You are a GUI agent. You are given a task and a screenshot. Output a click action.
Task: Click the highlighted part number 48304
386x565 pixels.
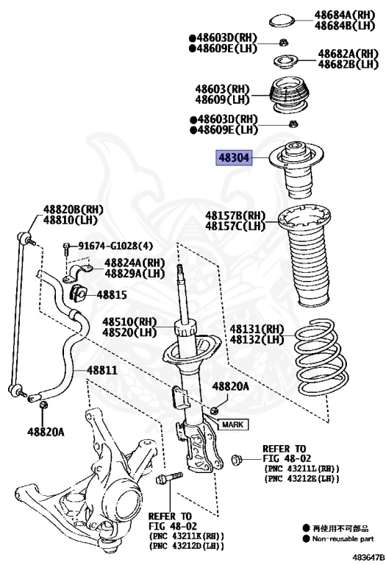pyautogui.click(x=234, y=157)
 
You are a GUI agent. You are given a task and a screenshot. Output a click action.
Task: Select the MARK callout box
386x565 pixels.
pyautogui.click(x=232, y=424)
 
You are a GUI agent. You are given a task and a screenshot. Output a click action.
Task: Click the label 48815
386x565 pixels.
pyautogui.click(x=112, y=295)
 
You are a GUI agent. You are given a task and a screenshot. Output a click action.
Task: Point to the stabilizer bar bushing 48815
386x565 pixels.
pyautogui.click(x=77, y=293)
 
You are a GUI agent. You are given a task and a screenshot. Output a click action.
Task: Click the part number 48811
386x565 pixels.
pyautogui.click(x=102, y=370)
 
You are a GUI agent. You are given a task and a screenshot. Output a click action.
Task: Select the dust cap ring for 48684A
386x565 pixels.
pyautogui.click(x=282, y=21)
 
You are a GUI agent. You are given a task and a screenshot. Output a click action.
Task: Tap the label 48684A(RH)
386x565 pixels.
pyautogui.click(x=345, y=15)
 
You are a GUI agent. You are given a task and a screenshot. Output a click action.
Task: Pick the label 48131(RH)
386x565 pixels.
pyautogui.click(x=257, y=329)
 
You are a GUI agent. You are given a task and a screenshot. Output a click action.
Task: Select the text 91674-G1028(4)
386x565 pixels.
pyautogui.click(x=115, y=246)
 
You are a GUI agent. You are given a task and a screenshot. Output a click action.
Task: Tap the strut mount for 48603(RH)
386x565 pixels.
pyautogui.click(x=289, y=96)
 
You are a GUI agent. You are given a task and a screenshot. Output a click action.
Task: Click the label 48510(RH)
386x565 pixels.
pyautogui.click(x=129, y=321)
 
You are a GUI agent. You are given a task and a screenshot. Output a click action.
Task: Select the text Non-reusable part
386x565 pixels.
pyautogui.click(x=343, y=539)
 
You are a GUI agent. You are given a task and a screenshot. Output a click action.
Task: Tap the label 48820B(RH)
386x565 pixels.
pyautogui.click(x=73, y=209)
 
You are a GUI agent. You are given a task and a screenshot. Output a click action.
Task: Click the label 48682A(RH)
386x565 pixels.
pyautogui.click(x=349, y=54)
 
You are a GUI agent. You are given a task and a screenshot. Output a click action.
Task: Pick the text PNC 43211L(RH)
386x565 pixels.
pyautogui.click(x=301, y=469)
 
